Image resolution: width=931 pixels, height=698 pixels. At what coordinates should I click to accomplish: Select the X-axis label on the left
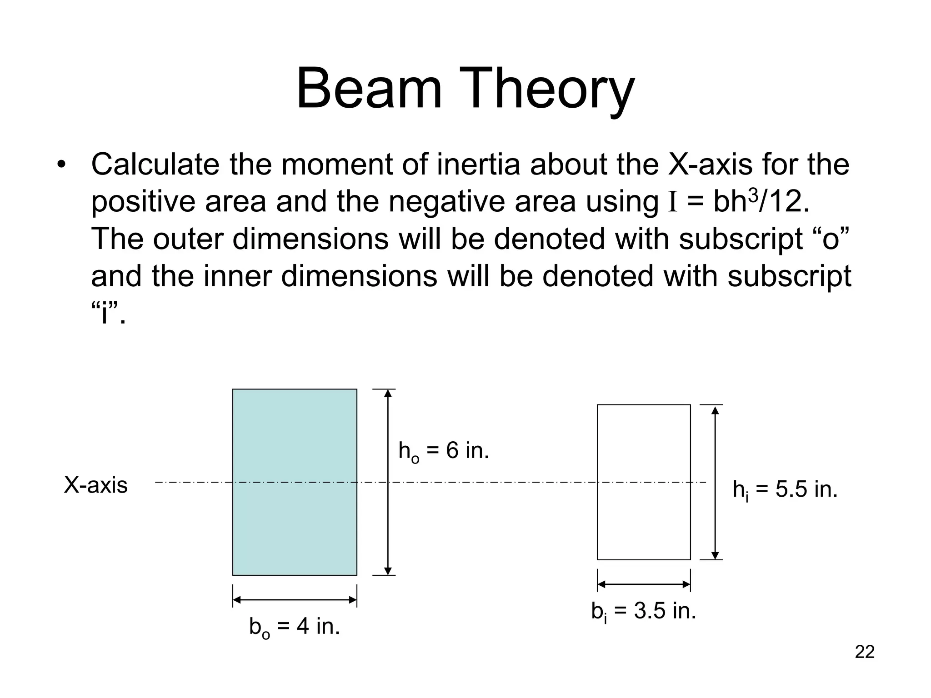pos(96,485)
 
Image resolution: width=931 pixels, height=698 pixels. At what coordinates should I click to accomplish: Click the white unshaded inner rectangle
pos(643,523)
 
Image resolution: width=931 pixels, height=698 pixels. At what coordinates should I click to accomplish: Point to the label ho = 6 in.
pos(443,451)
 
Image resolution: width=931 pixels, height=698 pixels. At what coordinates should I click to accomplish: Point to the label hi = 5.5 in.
pos(785,490)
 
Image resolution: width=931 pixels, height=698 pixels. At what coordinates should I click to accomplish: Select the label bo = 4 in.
pos(295,627)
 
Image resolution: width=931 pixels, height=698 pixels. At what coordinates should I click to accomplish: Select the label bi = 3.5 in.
pos(643,612)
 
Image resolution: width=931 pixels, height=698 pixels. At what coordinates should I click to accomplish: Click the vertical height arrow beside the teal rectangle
pos(388,523)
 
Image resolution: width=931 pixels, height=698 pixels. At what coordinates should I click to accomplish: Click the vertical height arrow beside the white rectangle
pos(715,523)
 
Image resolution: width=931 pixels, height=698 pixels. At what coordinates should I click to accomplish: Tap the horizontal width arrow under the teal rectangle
pos(295,600)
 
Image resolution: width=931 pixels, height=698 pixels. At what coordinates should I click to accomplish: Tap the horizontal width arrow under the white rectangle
pos(643,584)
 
